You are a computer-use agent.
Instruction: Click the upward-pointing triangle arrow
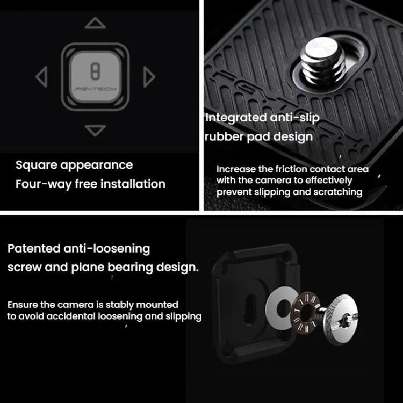coord(95,24)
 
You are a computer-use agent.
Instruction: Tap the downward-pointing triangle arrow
coord(95,130)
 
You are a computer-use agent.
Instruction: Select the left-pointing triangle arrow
coord(41,77)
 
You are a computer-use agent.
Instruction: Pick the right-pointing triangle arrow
coord(149,77)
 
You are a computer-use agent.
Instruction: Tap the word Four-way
coord(38,184)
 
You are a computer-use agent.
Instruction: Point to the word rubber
coord(224,136)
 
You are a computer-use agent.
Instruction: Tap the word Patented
coord(33,249)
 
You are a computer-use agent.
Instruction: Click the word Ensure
coord(22,305)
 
